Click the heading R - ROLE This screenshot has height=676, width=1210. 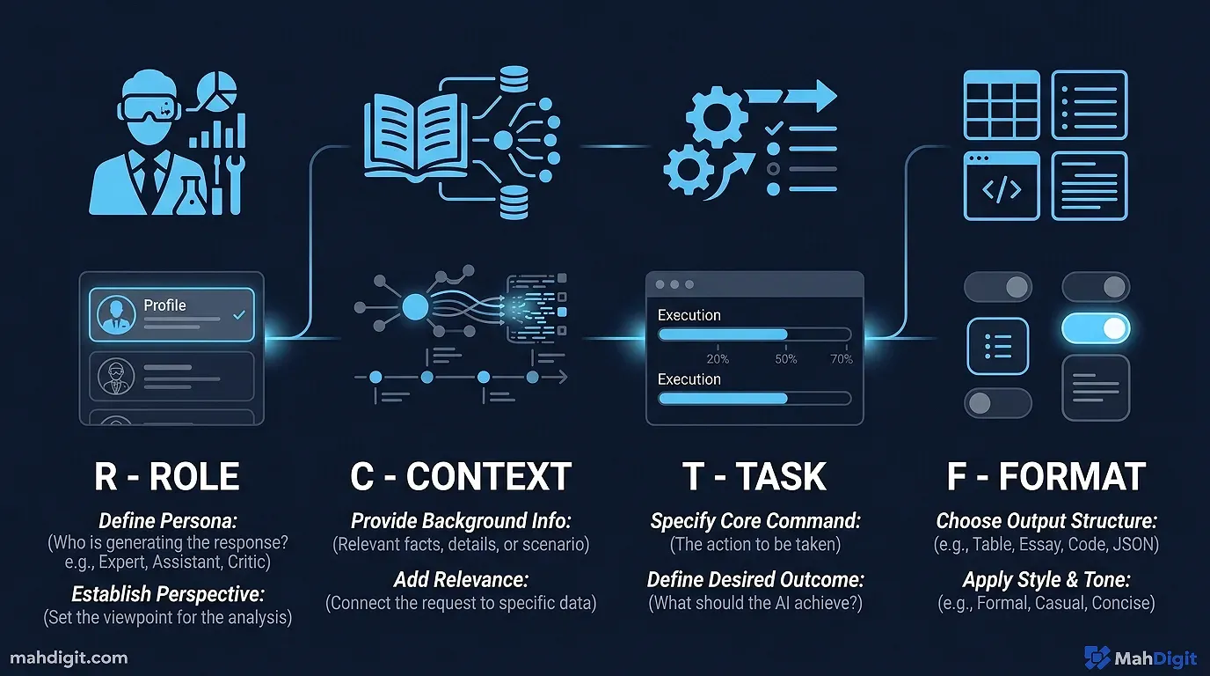coord(167,476)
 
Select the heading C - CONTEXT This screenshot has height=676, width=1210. coord(461,476)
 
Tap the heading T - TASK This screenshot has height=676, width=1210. coord(754,476)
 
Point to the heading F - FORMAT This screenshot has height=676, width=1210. coord(1046,476)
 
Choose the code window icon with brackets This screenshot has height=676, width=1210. coord(1002,186)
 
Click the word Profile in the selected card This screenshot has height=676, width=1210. coord(164,305)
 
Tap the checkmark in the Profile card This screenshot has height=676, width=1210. coord(239,314)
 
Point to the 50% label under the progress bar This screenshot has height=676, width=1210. coord(786,359)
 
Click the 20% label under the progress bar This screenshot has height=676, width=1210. coord(718,359)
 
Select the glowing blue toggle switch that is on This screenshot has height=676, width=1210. coord(1095,329)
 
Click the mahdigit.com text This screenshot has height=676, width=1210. coord(69,658)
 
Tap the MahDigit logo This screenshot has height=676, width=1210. coord(1139,658)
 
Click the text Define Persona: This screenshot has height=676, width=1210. coord(167,520)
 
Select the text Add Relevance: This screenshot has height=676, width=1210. coord(461,580)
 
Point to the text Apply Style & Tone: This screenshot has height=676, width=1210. coord(1046,580)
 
